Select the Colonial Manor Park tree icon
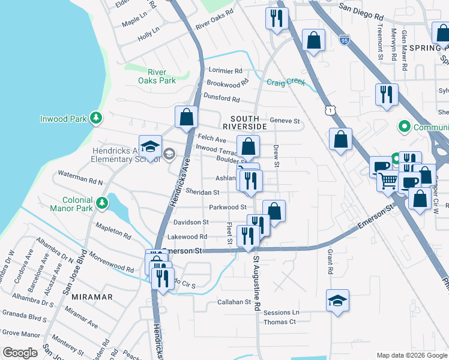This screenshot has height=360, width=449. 103,203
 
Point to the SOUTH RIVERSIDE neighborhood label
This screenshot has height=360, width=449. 244,122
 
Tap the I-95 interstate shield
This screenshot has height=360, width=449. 344,41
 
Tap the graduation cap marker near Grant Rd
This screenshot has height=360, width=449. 337,300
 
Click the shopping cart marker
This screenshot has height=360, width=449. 388,179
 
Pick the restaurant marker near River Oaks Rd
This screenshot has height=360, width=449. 277,17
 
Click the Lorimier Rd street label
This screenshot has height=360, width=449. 225,71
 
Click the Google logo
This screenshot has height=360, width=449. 20,353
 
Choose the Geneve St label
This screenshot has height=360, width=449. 285,121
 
